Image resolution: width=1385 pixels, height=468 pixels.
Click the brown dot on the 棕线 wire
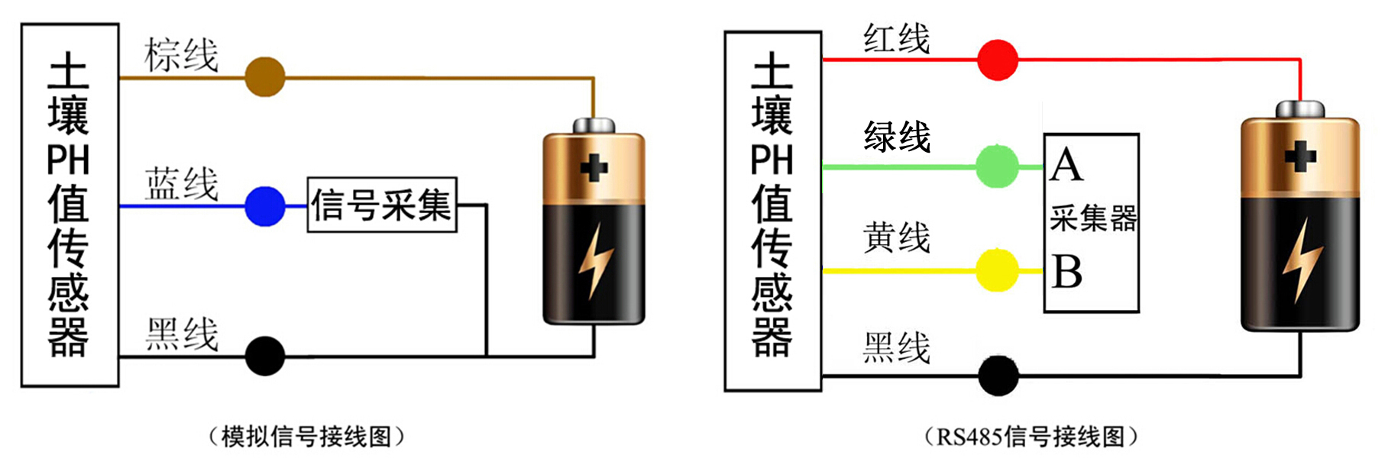pos(264,76)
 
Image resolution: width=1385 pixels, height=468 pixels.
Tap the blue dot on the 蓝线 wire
pos(264,205)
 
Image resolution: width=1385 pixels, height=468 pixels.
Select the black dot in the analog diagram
pos(264,356)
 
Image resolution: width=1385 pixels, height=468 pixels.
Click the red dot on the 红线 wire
pos(998,60)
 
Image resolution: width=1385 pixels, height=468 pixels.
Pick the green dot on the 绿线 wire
pos(998,166)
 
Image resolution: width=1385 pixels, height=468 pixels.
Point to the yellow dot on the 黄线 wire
pos(998,270)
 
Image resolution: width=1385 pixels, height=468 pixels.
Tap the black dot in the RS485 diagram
pos(998,375)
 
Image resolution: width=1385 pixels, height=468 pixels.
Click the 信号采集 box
pos(382,205)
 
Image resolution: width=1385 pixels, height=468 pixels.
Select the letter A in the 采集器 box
pos(1066,165)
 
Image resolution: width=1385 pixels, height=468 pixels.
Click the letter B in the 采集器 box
pos(1066,272)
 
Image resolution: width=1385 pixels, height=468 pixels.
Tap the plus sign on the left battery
pos(594,167)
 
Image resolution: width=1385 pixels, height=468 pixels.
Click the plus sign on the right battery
pos(1299,157)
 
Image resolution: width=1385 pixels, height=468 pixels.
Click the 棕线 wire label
pos(182,55)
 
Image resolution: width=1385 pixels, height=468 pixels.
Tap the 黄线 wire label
pos(897,237)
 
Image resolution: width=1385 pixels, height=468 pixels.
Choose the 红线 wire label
pos(897,38)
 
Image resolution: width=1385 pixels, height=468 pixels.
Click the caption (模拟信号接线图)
pos(306,437)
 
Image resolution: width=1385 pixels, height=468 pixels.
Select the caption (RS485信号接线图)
pos(1031,437)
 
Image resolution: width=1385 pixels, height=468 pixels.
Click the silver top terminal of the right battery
pos(1300,109)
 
